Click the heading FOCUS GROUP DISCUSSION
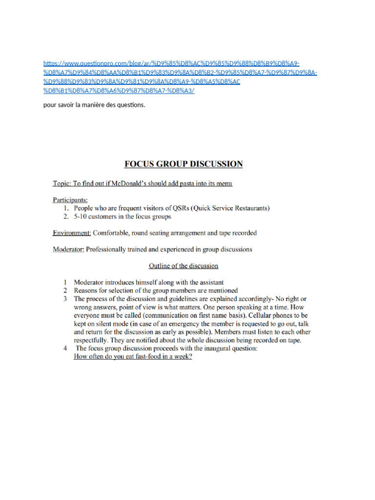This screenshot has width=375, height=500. point(183,164)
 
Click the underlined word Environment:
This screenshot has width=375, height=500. point(72,233)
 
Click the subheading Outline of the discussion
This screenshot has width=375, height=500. point(183,266)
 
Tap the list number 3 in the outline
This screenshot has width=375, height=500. point(65,298)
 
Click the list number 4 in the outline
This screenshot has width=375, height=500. point(65,349)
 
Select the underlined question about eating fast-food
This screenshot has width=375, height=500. point(133,357)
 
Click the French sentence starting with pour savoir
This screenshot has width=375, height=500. point(94,105)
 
